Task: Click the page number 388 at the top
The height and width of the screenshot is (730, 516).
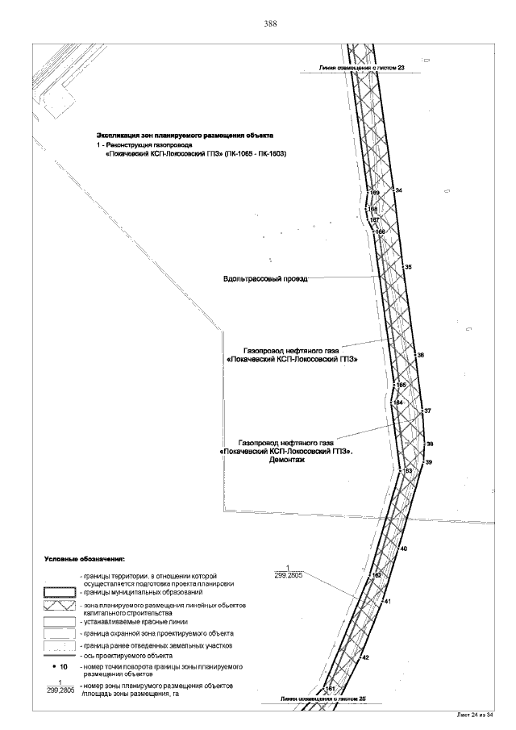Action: (270, 24)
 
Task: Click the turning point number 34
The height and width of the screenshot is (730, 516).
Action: (398, 190)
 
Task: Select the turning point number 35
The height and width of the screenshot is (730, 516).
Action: (408, 267)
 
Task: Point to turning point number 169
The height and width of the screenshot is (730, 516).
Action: (374, 194)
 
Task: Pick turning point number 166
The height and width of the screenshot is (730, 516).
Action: (381, 232)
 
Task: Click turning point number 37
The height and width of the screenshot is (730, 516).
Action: (427, 411)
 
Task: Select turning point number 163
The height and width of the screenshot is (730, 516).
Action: (407, 470)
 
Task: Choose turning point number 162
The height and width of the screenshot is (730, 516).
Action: (376, 574)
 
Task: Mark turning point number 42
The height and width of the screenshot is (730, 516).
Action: (365, 658)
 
